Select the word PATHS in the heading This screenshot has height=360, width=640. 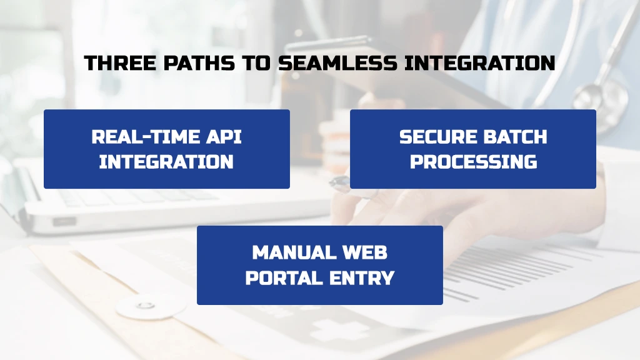[199, 63]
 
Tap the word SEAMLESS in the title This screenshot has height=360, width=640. [337, 63]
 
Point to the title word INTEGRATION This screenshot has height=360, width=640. [479, 63]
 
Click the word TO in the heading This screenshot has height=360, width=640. [256, 63]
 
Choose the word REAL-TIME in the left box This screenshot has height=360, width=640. [145, 137]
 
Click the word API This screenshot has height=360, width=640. [224, 137]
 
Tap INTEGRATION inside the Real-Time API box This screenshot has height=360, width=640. [166, 162]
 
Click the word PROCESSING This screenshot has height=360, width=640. [474, 162]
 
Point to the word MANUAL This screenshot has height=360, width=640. [294, 252]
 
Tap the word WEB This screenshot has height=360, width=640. [364, 252]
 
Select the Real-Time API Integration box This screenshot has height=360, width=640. [167, 149]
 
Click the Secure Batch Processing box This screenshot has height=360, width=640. [473, 149]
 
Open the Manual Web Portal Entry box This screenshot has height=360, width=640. [320, 265]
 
